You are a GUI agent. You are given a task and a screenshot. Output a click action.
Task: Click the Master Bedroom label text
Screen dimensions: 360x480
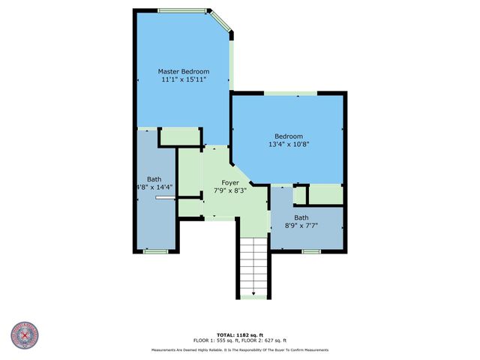(x=183, y=71)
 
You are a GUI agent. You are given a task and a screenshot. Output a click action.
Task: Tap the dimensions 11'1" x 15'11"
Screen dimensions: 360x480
(x=183, y=79)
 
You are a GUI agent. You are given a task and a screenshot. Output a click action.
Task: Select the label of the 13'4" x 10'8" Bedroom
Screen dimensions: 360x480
(x=289, y=136)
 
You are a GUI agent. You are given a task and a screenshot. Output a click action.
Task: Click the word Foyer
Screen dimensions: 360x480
(x=230, y=182)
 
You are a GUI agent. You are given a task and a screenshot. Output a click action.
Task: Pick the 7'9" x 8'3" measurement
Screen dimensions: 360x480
(x=230, y=190)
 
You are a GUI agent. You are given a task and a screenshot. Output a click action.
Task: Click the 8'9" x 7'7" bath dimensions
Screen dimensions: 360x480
(x=304, y=226)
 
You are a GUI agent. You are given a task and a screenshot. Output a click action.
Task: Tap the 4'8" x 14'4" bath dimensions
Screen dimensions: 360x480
(x=154, y=187)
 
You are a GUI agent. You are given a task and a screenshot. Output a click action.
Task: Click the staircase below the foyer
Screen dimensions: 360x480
(x=253, y=262)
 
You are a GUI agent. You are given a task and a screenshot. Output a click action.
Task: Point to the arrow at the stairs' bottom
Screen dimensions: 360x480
(x=253, y=293)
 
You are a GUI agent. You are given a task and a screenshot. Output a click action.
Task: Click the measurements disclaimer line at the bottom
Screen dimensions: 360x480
(x=239, y=349)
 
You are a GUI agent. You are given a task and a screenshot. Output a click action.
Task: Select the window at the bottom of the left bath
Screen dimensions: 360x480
(x=154, y=252)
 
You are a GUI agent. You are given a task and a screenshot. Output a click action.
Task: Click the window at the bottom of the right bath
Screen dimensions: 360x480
(x=310, y=252)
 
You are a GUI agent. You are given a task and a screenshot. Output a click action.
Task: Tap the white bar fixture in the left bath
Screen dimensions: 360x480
(x=164, y=199)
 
